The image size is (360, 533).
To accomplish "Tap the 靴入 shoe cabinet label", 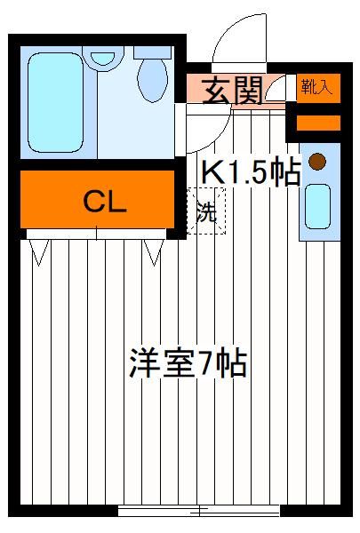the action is click(x=316, y=88).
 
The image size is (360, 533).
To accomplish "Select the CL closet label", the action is click(x=105, y=202).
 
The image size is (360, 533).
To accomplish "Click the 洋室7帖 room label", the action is click(x=188, y=363).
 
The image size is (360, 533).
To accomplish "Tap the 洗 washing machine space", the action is click(x=206, y=211).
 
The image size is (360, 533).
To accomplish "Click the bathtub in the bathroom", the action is click(x=56, y=103).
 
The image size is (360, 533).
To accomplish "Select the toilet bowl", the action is click(x=152, y=80).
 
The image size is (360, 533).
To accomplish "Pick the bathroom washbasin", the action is click(x=103, y=59).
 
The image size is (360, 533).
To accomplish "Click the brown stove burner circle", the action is click(x=317, y=162).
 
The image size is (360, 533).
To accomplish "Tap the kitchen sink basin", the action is click(x=317, y=206).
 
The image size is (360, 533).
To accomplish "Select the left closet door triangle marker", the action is click(x=39, y=252).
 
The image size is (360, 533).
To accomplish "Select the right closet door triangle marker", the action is click(x=154, y=252).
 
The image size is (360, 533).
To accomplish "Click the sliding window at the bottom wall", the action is click(x=199, y=510).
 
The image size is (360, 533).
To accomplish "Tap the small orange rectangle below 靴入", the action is click(x=318, y=123).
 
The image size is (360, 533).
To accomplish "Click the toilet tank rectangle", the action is click(x=152, y=52).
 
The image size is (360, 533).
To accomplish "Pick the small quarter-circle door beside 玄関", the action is click(x=275, y=89).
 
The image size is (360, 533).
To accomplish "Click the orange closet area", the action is click(x=97, y=199).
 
